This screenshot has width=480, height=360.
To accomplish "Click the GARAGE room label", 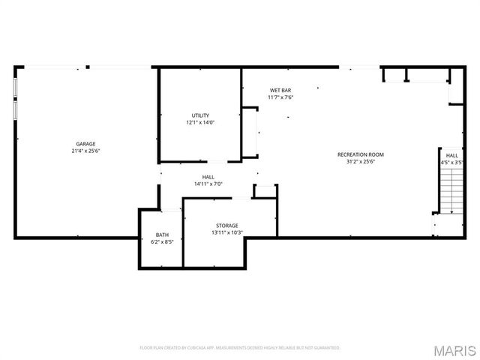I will (x=85, y=143).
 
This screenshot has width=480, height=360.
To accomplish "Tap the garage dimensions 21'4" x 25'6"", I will (x=85, y=151).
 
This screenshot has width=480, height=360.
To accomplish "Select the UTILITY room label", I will (x=200, y=115).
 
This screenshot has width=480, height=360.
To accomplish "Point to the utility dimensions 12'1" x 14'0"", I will (x=200, y=122).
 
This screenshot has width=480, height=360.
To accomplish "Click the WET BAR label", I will (x=280, y=90).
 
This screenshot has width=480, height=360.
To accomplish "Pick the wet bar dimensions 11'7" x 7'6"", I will (x=280, y=97).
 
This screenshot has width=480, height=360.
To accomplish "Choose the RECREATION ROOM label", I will (x=360, y=154).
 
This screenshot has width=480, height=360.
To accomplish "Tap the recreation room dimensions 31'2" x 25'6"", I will (x=360, y=161).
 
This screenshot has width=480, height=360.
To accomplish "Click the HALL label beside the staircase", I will (x=451, y=155).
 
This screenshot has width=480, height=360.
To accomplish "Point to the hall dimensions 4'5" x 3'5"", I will (x=451, y=162).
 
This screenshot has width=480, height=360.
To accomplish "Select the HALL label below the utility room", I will (x=208, y=177).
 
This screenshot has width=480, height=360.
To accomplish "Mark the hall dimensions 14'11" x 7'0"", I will (x=208, y=184).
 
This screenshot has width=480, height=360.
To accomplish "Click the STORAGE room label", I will (x=227, y=225).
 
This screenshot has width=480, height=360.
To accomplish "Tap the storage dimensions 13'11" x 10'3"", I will (x=227, y=232).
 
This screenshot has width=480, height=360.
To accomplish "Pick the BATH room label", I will (x=162, y=235).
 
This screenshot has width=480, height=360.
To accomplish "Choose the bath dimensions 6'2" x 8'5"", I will (x=162, y=242).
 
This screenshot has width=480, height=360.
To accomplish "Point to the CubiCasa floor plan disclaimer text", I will (x=240, y=348).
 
